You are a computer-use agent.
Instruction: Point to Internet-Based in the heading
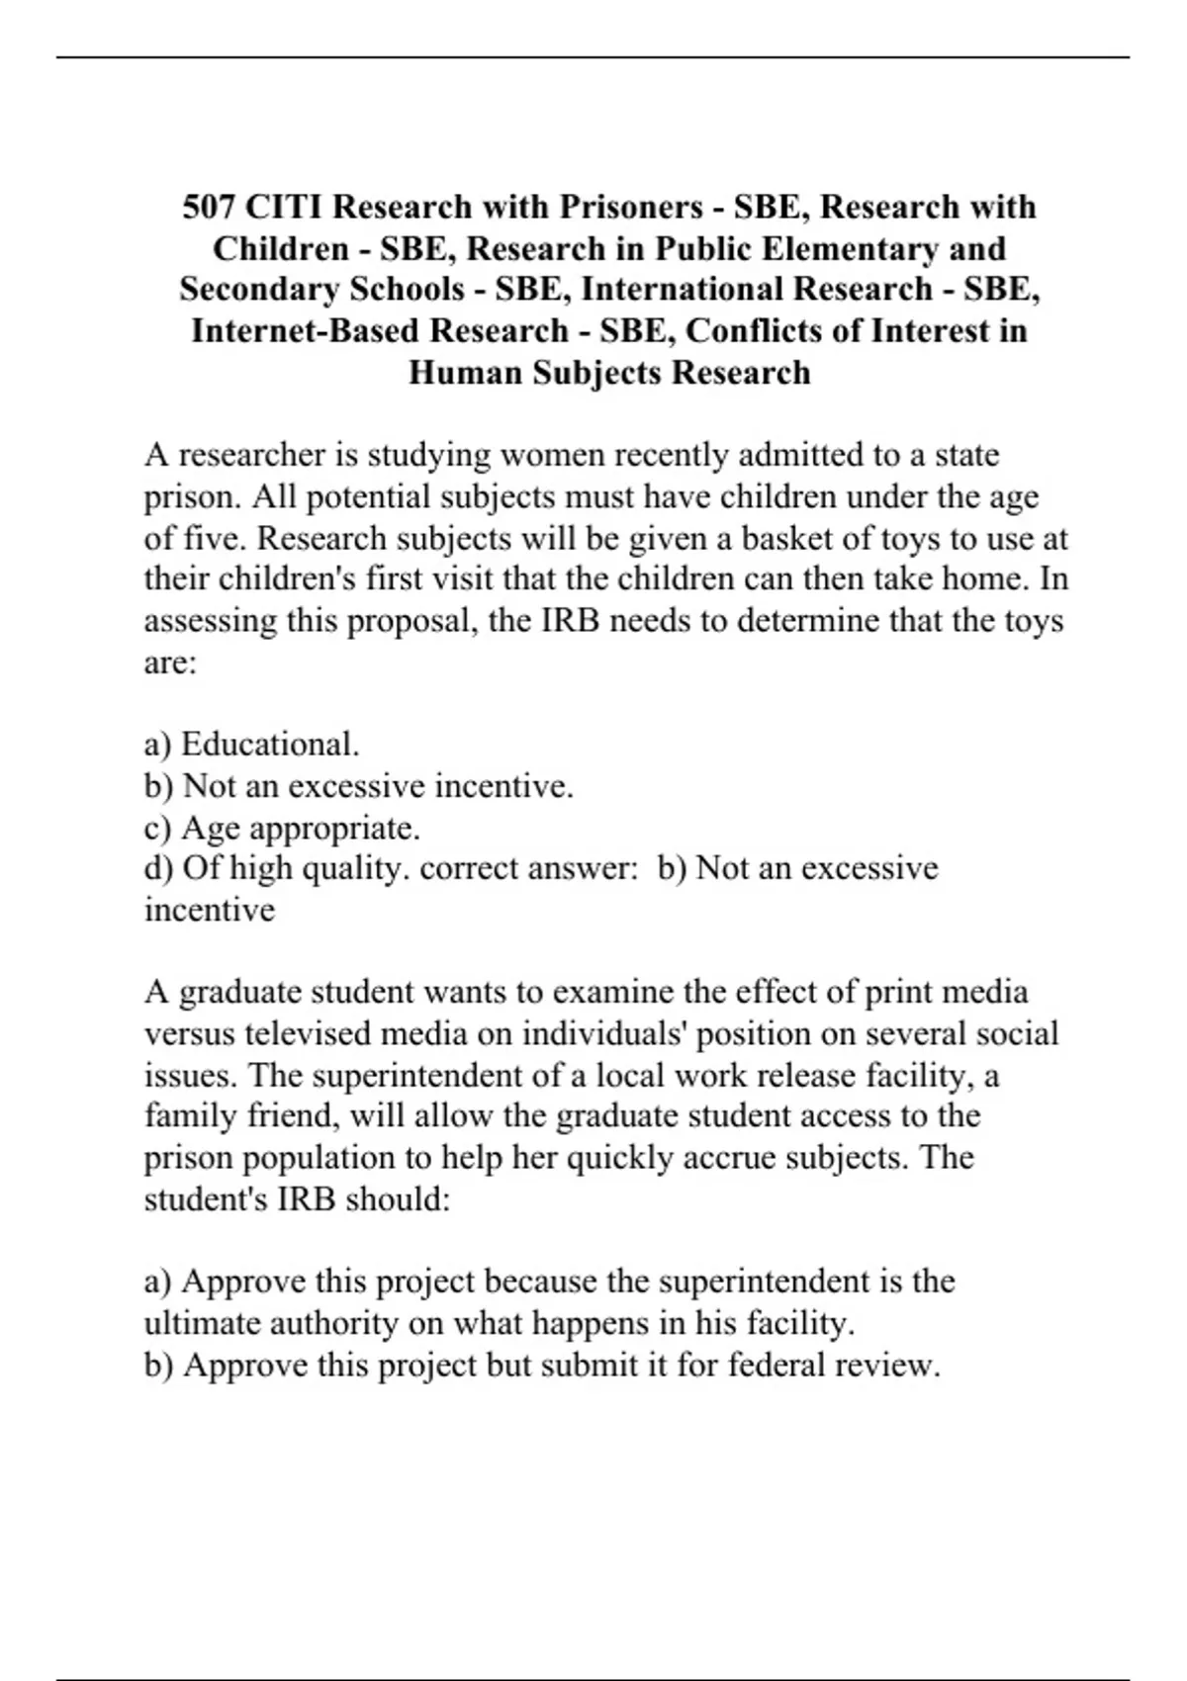(x=306, y=330)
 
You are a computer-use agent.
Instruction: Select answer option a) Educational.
(x=252, y=744)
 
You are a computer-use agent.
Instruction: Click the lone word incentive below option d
(x=210, y=910)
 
